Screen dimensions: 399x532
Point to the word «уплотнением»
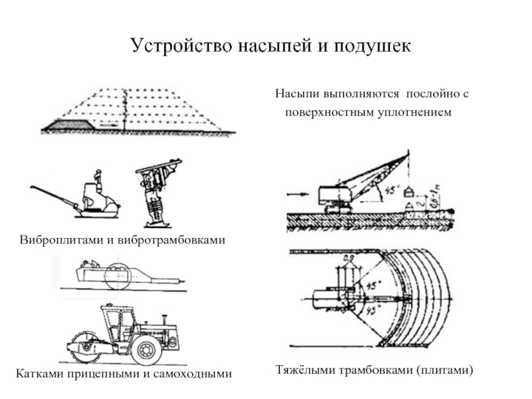(416, 112)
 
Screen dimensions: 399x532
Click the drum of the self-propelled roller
(84, 348)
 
